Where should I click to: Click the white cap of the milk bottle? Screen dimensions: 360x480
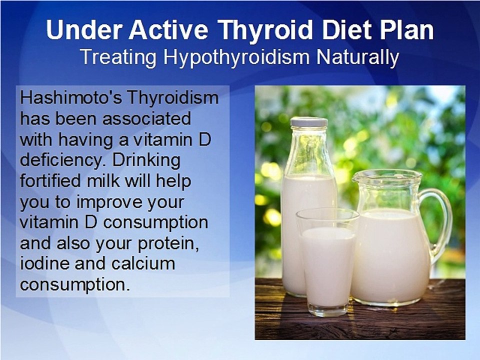coord(309,122)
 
